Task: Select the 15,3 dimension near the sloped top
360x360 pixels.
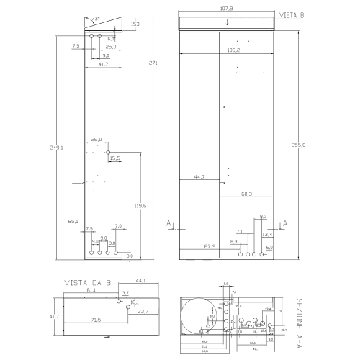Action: [x=135, y=24]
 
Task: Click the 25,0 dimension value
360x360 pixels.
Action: [x=111, y=46]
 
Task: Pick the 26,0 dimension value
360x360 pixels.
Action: [x=96, y=139]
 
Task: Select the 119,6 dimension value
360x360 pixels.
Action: [x=140, y=206]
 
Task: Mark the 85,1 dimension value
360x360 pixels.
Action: [x=73, y=220]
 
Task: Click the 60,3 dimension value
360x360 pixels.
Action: [x=246, y=194]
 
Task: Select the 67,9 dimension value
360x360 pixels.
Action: [x=210, y=246]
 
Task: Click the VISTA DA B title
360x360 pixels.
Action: [x=88, y=282]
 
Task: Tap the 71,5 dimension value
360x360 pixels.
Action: [x=95, y=318]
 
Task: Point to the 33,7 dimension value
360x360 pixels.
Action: [x=143, y=311]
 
